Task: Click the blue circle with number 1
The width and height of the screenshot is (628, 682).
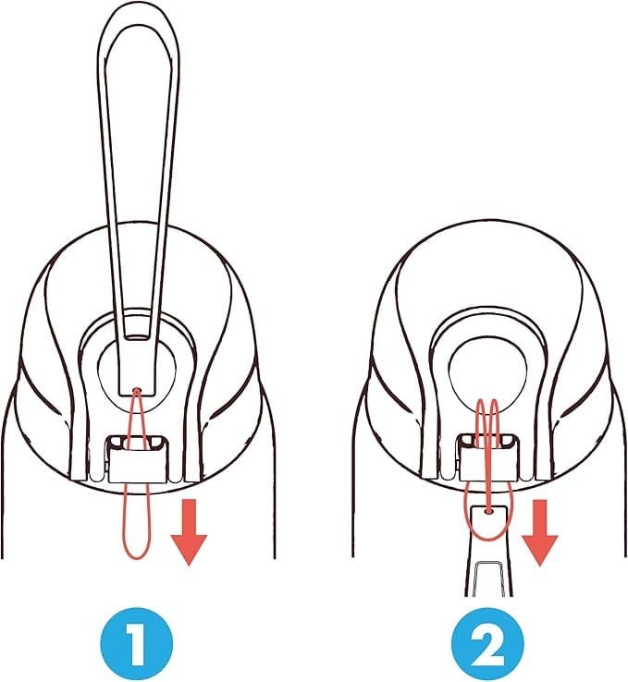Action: click(x=137, y=644)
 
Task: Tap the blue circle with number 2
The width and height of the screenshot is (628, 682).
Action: click(x=487, y=644)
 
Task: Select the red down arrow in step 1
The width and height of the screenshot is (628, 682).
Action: click(x=189, y=532)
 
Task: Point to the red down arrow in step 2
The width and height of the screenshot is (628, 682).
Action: click(x=539, y=532)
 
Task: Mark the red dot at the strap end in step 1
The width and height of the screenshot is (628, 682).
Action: click(x=137, y=391)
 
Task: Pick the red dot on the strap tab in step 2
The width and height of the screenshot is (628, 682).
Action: click(x=488, y=512)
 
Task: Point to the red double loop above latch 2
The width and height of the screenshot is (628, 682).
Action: click(x=487, y=424)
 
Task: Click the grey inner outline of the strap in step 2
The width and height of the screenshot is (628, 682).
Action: click(x=488, y=563)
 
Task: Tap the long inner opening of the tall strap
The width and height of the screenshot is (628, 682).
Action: click(x=138, y=174)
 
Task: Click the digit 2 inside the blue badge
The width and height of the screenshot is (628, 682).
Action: click(x=487, y=644)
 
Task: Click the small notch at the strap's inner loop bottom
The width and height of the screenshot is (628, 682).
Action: click(x=138, y=337)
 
